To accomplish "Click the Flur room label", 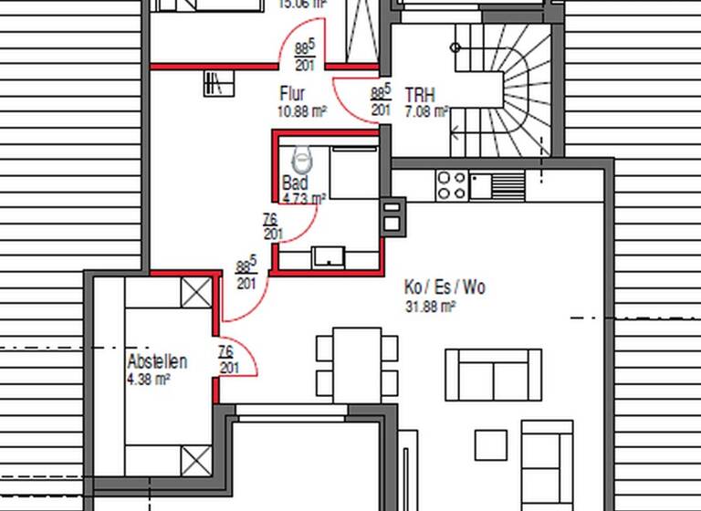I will coord(292,94).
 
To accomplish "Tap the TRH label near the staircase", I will coord(420,95).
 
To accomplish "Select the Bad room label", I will coord(295,182).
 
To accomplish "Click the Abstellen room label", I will coord(157,361).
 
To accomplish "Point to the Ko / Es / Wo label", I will coord(445,287).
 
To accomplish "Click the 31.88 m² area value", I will coord(430,308).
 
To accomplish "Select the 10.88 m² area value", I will coord(302,112).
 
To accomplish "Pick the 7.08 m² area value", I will coord(425,112).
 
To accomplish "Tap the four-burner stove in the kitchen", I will coord(452,185).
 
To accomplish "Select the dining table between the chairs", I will coord(357,364).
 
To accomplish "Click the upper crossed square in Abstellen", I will coord(195,293).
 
